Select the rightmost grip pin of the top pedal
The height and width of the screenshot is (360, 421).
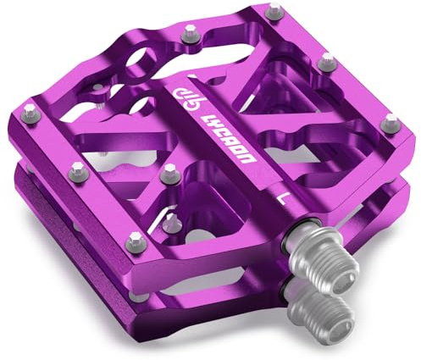coord(391,120)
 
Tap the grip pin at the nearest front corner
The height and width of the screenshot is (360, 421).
coord(130,237)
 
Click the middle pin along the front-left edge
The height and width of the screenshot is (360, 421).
coord(77,167)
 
